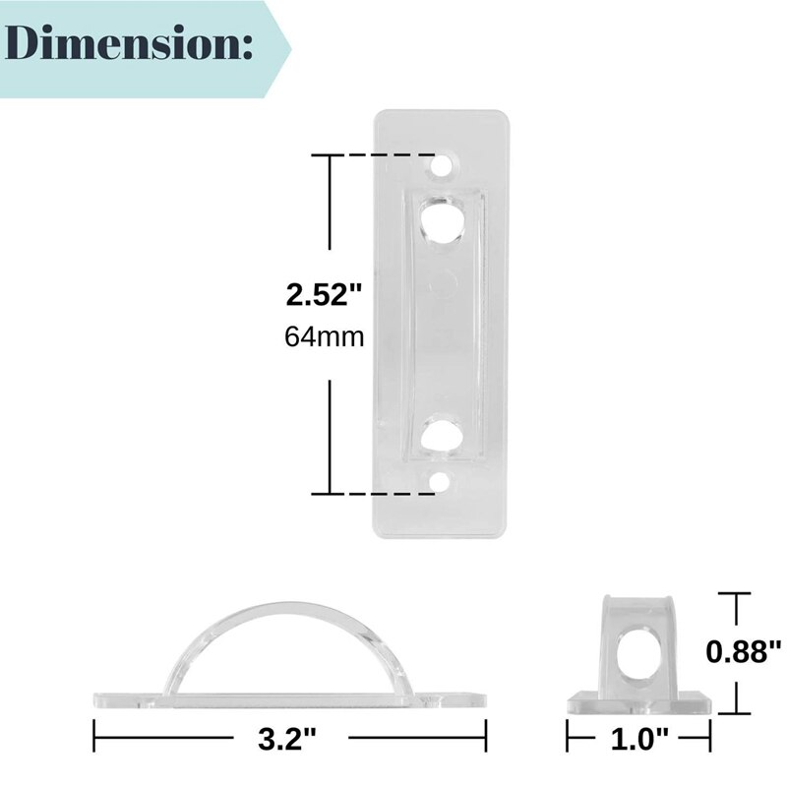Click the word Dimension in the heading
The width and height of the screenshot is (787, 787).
(x=128, y=44)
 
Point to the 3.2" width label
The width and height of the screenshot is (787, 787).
(x=289, y=735)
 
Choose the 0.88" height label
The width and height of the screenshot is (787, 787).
(x=745, y=650)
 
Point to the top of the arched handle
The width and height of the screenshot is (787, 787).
(x=290, y=603)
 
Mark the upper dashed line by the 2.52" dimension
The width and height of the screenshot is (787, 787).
(x=384, y=155)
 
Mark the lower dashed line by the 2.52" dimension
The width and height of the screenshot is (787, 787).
(x=384, y=493)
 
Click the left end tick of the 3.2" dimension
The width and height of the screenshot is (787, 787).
(x=94, y=735)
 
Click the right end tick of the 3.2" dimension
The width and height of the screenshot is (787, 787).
(x=486, y=735)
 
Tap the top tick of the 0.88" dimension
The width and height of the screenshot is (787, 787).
(x=734, y=593)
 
